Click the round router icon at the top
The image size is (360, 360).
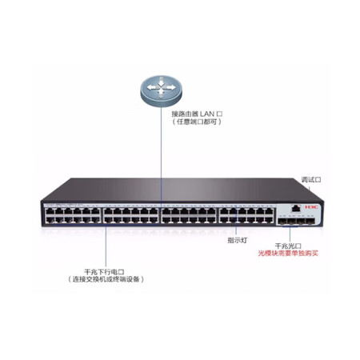pos(162,90)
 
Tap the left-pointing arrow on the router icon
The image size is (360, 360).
pos(151,87)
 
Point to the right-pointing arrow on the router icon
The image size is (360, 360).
pos(171,87)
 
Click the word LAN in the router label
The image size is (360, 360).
pos(207,114)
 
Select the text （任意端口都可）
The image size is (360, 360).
pos(197,122)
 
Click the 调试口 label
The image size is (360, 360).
pos(311,180)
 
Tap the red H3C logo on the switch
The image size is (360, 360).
pos(312,207)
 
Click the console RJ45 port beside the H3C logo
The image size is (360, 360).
pos(295,208)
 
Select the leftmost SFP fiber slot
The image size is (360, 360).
pos(282,221)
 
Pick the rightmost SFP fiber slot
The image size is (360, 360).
pos(310,221)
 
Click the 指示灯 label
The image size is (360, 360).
pos(238,240)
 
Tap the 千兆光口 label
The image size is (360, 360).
pos(288,246)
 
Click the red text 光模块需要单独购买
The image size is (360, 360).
pos(288,253)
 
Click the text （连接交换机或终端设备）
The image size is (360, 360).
pos(106,279)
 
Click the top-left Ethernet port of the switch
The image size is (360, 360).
pos(50,211)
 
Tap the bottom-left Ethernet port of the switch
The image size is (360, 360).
pos(50,220)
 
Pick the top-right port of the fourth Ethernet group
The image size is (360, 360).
pos(269,211)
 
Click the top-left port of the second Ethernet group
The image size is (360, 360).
pos(108,211)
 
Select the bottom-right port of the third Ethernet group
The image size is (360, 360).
pos(211,220)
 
